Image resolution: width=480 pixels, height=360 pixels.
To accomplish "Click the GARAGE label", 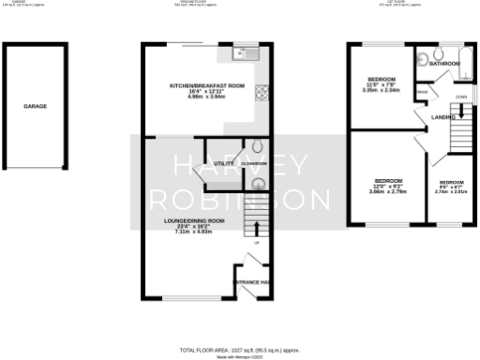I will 35,107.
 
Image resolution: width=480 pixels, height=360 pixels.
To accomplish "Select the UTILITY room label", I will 223,163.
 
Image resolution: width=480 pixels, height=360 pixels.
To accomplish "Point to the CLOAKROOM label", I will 254,164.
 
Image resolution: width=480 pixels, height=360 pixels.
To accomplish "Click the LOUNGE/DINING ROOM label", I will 187,220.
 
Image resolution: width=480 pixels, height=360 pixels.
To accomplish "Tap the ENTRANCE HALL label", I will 253,282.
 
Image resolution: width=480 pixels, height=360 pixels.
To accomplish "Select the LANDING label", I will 443,116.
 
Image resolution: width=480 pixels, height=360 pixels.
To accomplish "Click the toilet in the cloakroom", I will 259,146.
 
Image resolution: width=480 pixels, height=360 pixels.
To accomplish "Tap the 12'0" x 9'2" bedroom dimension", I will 388,186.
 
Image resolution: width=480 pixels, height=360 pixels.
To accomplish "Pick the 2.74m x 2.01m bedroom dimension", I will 451,192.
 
